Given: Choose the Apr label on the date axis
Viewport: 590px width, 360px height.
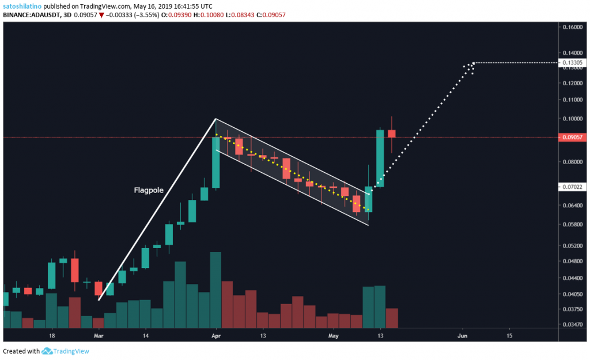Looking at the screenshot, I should point(216,335).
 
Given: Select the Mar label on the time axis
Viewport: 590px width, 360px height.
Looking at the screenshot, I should point(99,335).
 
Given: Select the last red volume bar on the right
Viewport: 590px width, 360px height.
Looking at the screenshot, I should point(392,317).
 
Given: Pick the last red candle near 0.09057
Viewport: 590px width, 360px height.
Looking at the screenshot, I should point(392,134).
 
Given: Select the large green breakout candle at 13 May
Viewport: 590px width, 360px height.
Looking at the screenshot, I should point(380,158).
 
